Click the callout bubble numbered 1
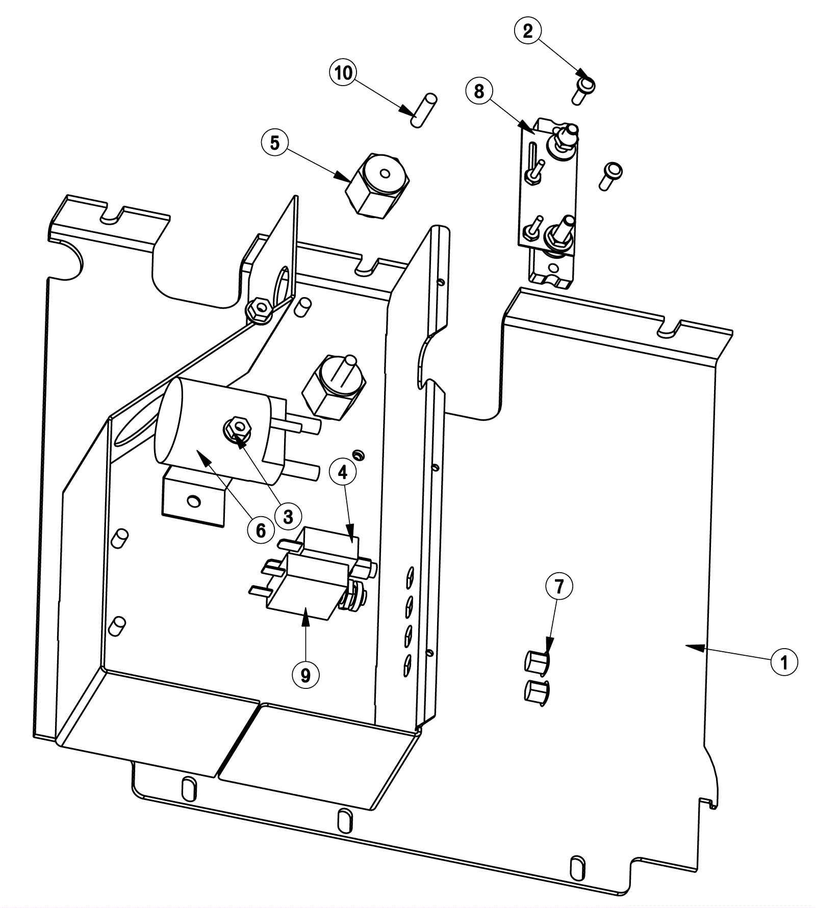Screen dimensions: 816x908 (783, 662)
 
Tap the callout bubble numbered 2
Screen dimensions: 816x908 (527, 31)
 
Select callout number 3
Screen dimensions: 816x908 (288, 517)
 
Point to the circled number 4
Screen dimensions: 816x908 (343, 472)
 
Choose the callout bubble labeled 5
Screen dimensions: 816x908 (274, 143)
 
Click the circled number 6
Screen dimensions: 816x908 (261, 531)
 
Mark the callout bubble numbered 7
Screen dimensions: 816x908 (559, 586)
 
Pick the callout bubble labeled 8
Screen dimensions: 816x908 (479, 91)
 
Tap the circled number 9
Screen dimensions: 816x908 (305, 675)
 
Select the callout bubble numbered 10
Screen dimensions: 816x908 (343, 73)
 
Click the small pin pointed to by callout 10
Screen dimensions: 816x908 (424, 110)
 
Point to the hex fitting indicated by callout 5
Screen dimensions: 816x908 (378, 185)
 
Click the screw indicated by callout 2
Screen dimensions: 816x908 (583, 89)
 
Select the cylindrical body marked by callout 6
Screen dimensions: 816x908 (219, 429)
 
